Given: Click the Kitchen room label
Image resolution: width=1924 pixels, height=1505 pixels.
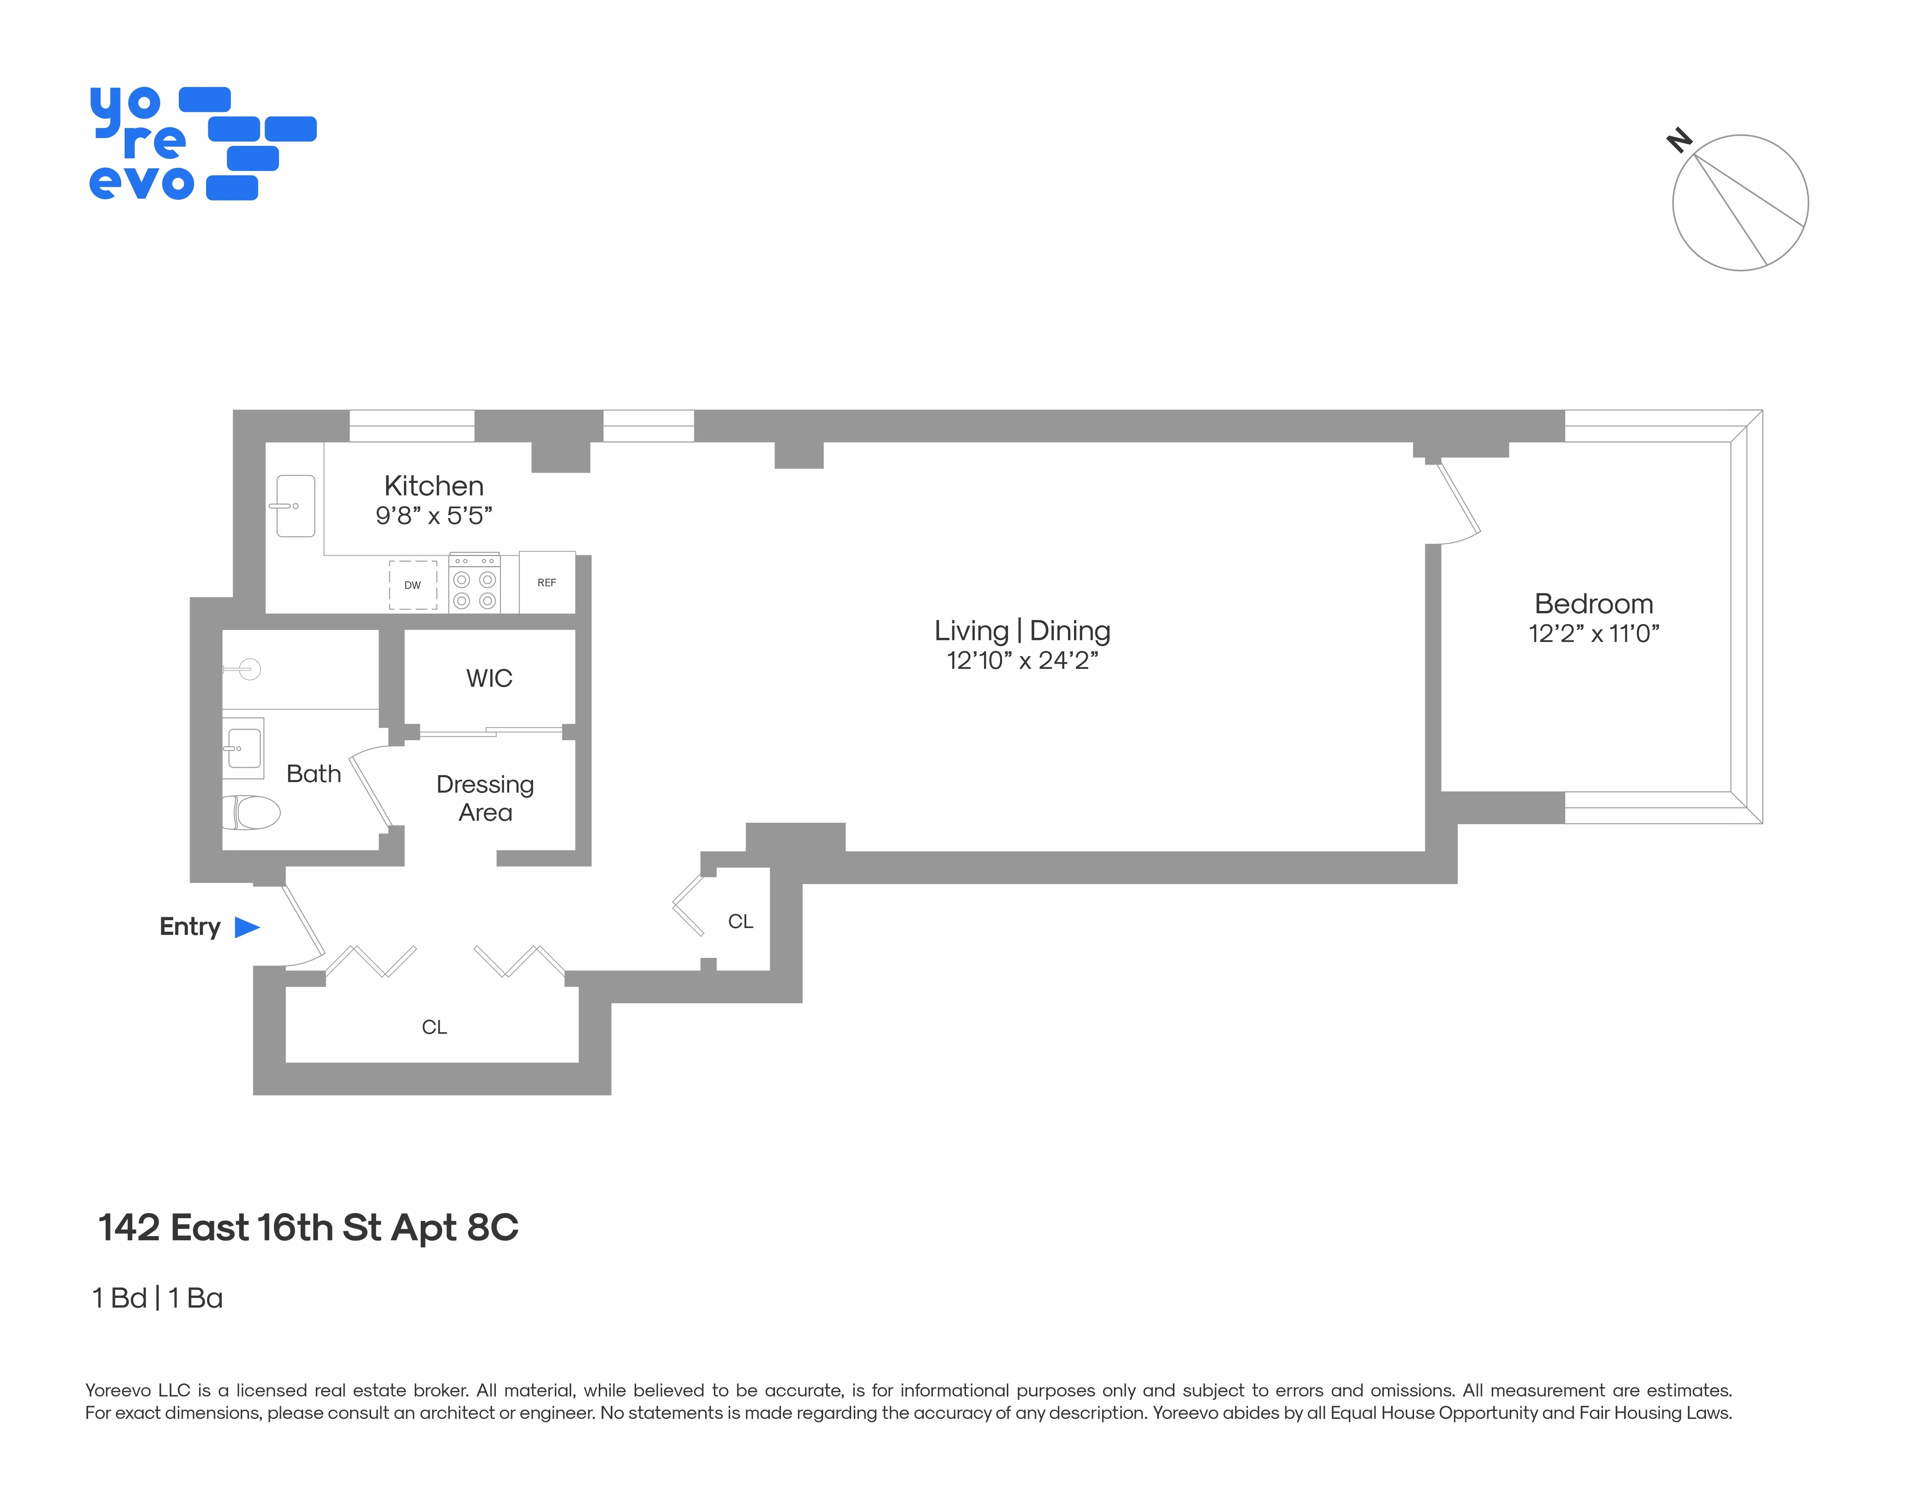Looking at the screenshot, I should coord(433,485).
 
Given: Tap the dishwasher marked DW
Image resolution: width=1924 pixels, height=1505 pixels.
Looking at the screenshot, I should coord(412,585).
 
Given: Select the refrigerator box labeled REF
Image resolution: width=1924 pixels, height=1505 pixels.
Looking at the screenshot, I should coord(546,583).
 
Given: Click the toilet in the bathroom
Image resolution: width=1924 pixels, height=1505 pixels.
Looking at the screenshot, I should coord(251,812).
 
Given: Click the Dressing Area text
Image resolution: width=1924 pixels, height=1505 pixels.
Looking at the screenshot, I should coord(485,797).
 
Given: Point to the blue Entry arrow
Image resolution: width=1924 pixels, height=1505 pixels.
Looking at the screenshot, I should coord(247,927).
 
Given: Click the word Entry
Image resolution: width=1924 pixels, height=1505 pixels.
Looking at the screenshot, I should coord(189,927).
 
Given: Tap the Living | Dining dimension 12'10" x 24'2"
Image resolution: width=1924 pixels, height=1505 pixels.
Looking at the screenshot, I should coord(1022,660).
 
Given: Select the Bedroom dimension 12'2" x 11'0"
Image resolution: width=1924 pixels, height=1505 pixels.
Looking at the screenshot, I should coord(1593,633).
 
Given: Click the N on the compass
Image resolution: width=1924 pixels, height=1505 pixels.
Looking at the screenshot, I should coord(1679,140).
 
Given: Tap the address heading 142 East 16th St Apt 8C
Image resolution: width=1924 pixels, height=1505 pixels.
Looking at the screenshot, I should coord(308,1228).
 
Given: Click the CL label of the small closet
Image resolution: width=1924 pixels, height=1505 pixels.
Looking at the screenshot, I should coord(740,922).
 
